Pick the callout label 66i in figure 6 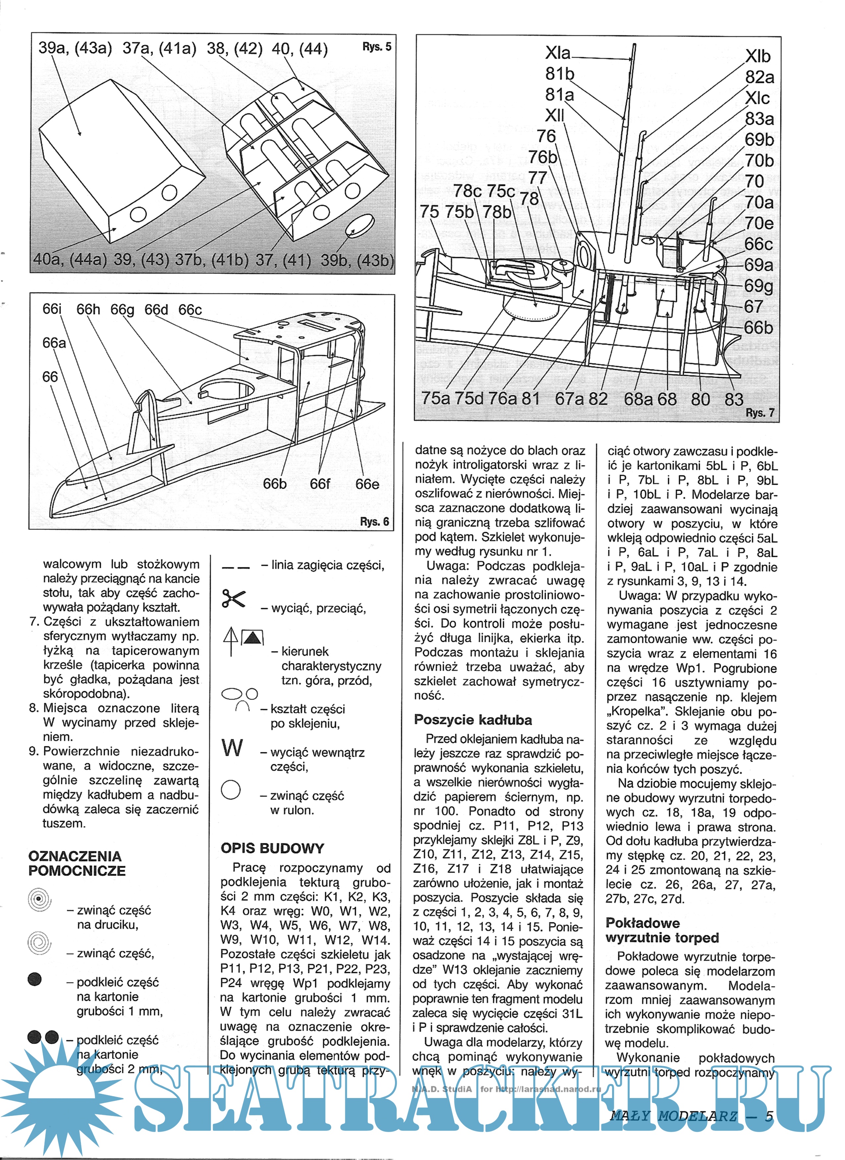tap(52, 310)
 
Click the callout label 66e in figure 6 tap(367, 484)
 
